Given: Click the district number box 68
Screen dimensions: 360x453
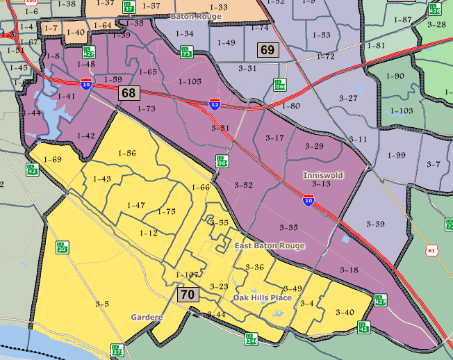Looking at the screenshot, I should [129, 92].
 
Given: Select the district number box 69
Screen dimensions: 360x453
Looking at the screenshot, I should [267, 49].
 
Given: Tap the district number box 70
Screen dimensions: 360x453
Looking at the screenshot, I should [188, 295].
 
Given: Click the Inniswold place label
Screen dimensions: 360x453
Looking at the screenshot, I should [323, 175].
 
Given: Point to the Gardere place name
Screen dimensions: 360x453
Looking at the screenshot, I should [147, 317].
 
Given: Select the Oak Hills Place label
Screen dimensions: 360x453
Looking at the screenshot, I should [262, 298].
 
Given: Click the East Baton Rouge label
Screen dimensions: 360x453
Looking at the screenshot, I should [269, 246].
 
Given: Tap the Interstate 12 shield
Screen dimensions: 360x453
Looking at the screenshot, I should [216, 104].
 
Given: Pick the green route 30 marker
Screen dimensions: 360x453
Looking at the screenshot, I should [62, 247].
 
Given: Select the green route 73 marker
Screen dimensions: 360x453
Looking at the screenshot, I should [186, 52].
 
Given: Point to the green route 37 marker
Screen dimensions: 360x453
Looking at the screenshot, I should [129, 7].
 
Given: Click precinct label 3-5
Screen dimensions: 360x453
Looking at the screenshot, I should [102, 304].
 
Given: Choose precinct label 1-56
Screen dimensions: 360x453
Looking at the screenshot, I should [126, 153].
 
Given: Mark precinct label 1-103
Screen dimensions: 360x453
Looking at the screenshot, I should [402, 111].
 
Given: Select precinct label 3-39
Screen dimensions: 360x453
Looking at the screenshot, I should [375, 224].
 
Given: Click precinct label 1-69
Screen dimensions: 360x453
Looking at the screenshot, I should [52, 160].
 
